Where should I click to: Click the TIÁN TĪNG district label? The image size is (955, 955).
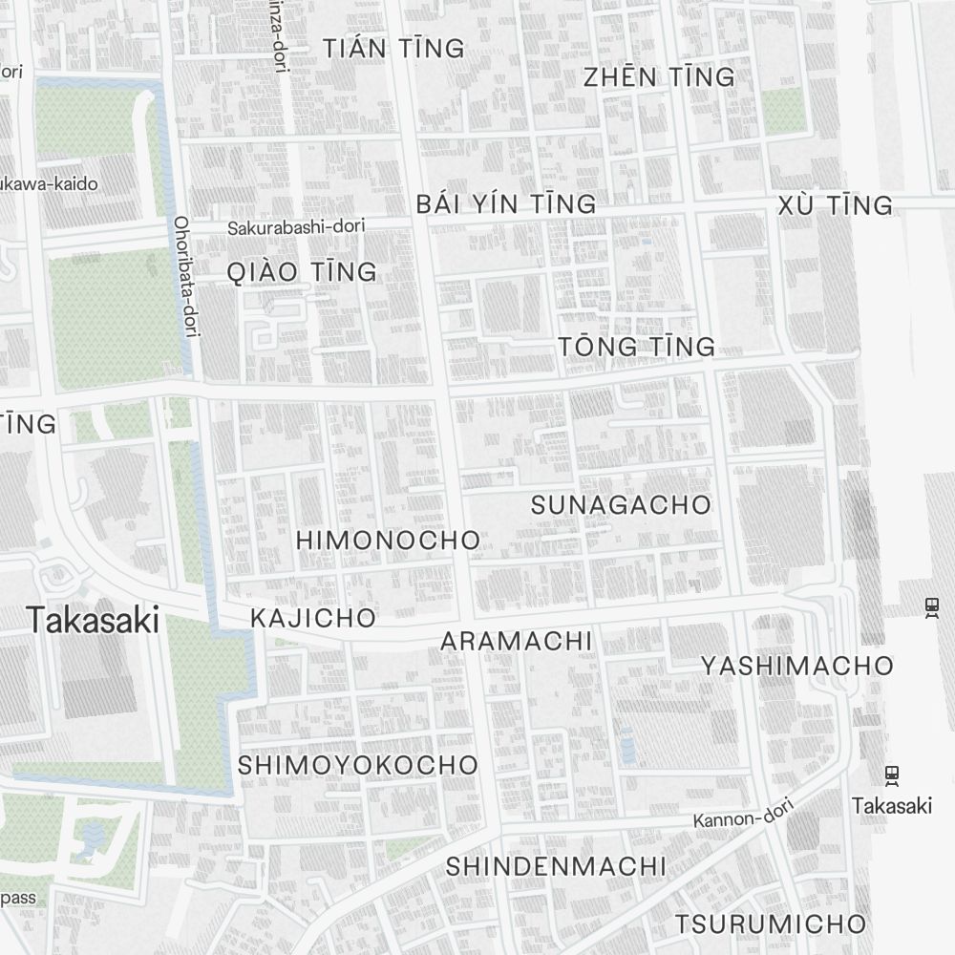[393, 49]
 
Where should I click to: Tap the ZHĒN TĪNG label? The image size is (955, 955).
[659, 77]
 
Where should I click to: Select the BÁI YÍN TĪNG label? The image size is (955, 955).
[506, 204]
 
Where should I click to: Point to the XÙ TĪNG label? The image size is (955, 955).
[836, 205]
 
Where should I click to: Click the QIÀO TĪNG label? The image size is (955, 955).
[302, 272]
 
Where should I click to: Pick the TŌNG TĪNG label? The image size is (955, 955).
[637, 347]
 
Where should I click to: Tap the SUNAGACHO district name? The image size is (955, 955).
[621, 504]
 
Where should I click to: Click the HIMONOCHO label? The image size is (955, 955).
[388, 540]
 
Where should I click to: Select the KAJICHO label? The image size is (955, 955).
[313, 618]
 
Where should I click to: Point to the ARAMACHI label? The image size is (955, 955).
[517, 641]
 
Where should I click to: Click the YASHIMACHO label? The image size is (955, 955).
[797, 666]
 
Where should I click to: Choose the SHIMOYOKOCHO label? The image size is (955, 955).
[358, 765]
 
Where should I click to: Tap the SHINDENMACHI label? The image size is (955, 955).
[556, 867]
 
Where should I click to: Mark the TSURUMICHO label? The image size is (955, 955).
[771, 924]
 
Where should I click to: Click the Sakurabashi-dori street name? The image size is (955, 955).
[296, 227]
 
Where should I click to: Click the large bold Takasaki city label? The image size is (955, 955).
[93, 621]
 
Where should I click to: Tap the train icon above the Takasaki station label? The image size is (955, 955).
[892, 775]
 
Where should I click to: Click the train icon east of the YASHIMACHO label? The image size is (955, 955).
[932, 607]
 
